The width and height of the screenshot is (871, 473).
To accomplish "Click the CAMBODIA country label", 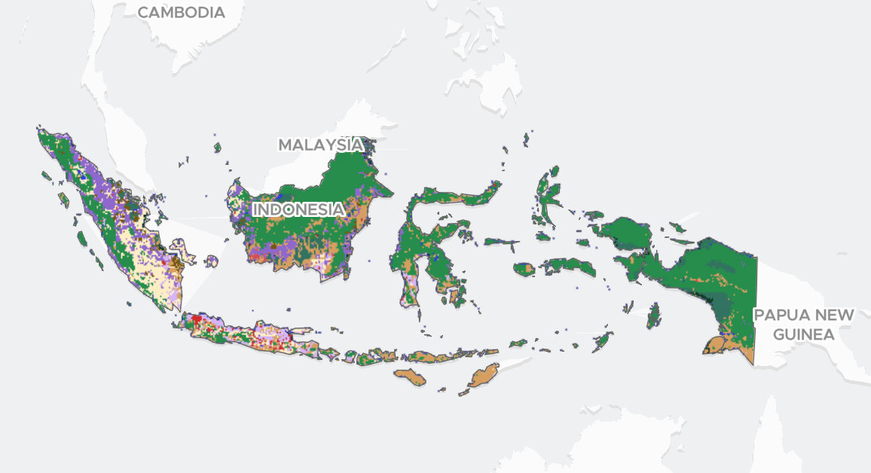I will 181,13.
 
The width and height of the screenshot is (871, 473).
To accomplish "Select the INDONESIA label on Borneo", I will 299,209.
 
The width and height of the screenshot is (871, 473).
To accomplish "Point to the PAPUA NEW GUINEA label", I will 805,325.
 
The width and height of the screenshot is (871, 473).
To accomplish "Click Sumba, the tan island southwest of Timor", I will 410,376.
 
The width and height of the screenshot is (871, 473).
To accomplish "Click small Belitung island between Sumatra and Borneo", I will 212,261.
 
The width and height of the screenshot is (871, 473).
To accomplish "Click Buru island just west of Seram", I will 524,268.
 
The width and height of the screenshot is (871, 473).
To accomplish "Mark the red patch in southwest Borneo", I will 258,257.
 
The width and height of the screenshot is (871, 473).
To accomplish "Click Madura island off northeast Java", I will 298,329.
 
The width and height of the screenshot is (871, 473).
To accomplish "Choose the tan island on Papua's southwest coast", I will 714,346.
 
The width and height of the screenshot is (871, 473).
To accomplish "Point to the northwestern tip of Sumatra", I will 41,132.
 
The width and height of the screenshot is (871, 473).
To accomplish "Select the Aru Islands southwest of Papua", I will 654,316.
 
